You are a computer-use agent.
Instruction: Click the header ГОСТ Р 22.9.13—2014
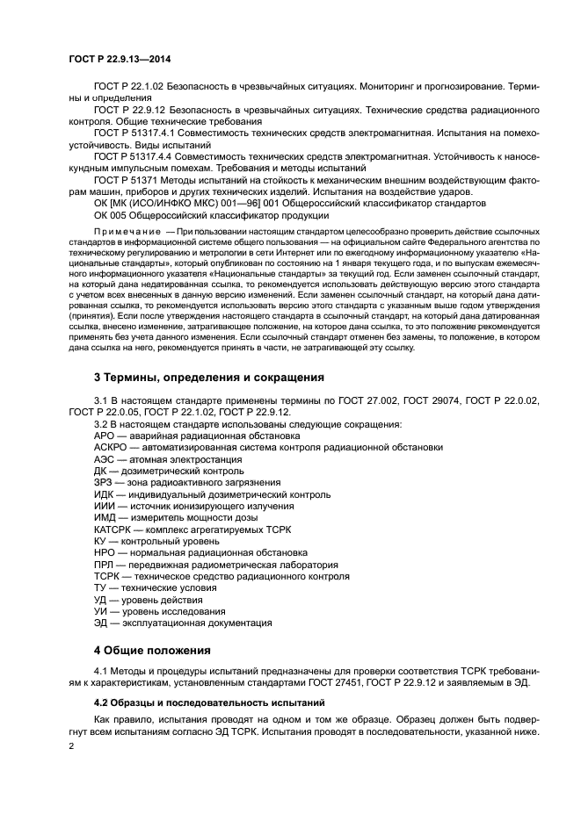119,58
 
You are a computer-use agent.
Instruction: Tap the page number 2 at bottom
72,746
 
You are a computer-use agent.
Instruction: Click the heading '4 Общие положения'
152,651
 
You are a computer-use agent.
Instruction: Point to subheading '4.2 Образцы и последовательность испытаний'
198,703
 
